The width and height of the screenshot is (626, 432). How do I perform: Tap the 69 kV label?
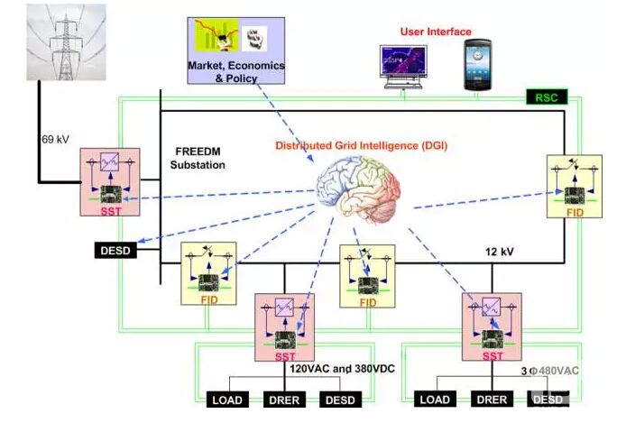click(54, 140)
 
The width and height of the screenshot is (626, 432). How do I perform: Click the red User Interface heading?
click(436, 32)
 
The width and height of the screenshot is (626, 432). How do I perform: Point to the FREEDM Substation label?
click(198, 160)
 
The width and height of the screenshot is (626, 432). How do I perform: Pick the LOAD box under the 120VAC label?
click(227, 400)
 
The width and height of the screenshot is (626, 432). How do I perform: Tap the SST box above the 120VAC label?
click(286, 326)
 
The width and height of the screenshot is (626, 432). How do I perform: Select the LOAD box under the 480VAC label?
click(435, 400)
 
